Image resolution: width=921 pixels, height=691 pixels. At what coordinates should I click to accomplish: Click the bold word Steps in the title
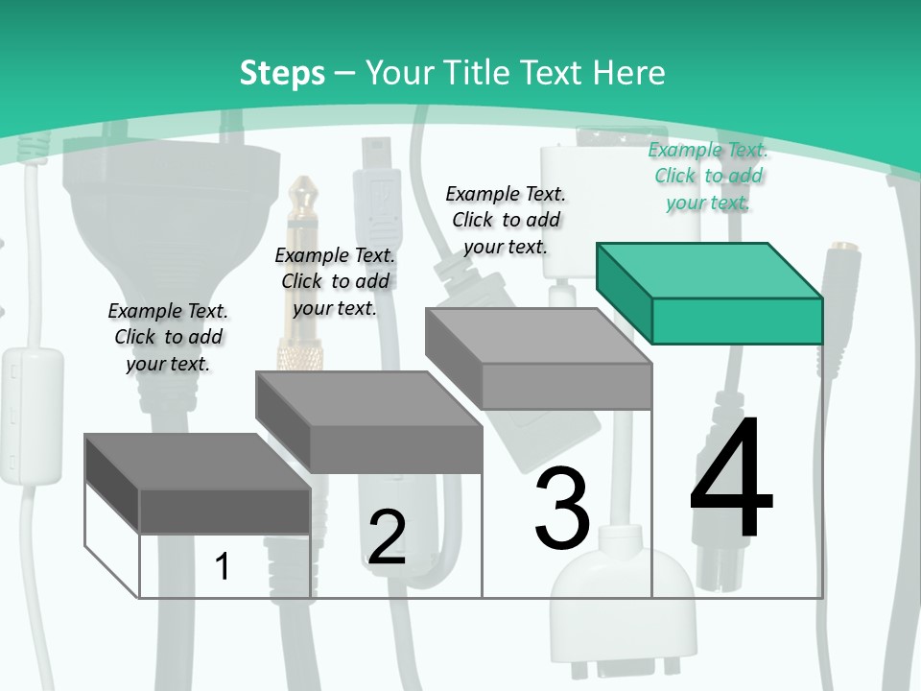pyautogui.click(x=282, y=73)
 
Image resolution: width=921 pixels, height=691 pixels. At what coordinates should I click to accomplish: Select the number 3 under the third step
pyautogui.click(x=562, y=509)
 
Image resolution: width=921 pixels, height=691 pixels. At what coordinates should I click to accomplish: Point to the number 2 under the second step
pyautogui.click(x=387, y=537)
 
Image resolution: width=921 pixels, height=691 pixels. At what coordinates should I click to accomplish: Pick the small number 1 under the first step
pyautogui.click(x=223, y=566)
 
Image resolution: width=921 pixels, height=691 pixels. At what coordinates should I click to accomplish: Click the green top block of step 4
pyautogui.click(x=710, y=294)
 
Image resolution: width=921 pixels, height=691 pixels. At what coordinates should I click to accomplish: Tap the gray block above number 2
pyautogui.click(x=369, y=422)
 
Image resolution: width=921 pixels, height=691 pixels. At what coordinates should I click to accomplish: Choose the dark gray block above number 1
pyautogui.click(x=198, y=484)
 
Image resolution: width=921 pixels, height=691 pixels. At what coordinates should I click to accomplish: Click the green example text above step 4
pyautogui.click(x=708, y=176)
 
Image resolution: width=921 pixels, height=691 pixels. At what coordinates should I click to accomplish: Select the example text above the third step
pyautogui.click(x=506, y=220)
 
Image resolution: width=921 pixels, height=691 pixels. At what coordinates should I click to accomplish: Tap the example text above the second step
pyautogui.click(x=335, y=281)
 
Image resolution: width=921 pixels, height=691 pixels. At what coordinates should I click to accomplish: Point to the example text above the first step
pyautogui.click(x=168, y=337)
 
